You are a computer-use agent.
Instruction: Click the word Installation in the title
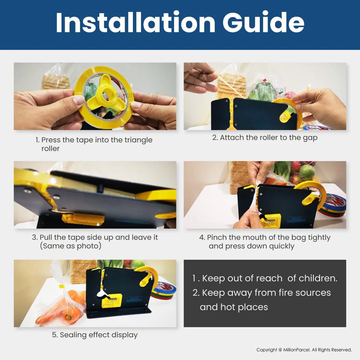pos(135,22)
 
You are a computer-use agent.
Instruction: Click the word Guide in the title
pos(264,22)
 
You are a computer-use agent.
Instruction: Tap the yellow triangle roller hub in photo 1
pos(105,93)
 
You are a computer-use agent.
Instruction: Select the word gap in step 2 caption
pos(310,138)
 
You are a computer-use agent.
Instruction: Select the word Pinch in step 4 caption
pos(217,237)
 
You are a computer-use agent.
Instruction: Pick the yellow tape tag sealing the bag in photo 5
pos(62,286)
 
